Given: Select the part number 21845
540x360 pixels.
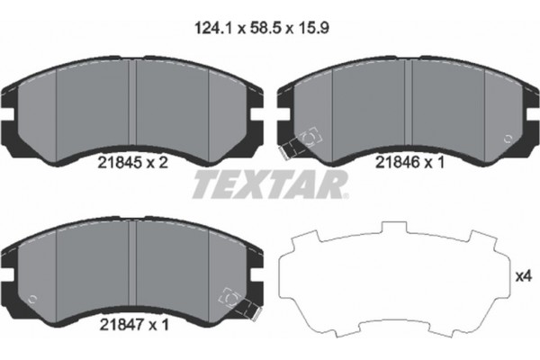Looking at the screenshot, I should [114, 165].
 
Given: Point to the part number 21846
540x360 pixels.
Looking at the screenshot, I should [395, 165].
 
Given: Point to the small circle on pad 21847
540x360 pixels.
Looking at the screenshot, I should [32, 299].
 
